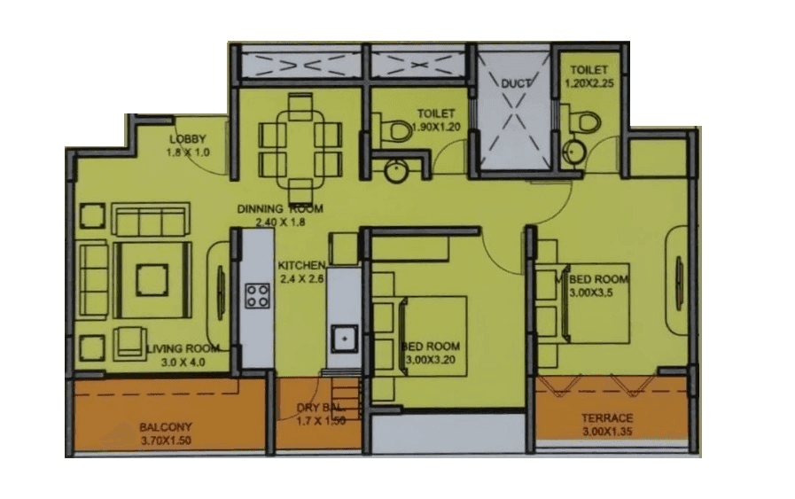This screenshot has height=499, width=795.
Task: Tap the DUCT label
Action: [515, 84]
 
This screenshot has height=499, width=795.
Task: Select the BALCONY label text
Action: [166, 426]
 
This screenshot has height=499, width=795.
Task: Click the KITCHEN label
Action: [302, 265]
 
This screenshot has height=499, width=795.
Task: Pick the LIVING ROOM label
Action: [183, 348]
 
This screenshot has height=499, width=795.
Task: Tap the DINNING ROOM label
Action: [280, 209]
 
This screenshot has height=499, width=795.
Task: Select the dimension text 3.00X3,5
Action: [598, 292]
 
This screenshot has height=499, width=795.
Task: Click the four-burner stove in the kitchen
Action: [258, 295]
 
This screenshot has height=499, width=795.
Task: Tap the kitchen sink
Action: [343, 338]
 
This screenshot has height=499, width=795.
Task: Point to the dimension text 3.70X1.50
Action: [167, 440]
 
